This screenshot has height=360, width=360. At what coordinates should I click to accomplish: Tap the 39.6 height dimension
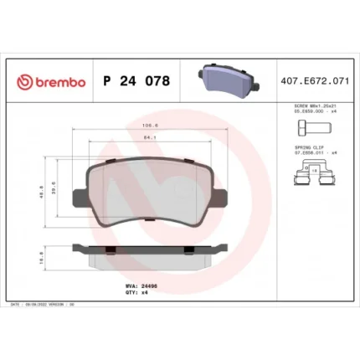pos(55,190)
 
